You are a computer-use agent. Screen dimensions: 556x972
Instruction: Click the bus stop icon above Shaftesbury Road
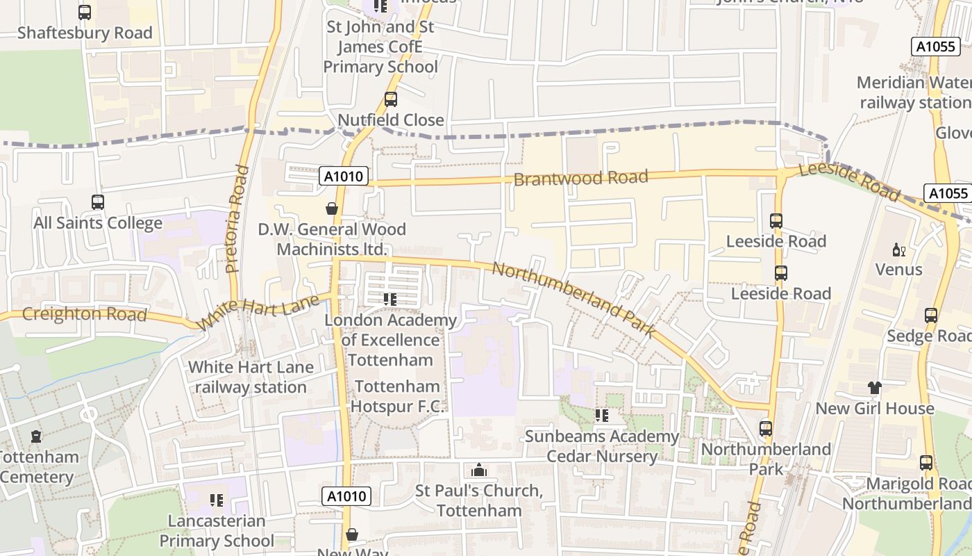point(84,12)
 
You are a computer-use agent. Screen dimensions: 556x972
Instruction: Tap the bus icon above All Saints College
point(98,202)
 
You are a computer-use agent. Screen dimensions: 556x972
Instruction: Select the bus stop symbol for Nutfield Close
point(391,99)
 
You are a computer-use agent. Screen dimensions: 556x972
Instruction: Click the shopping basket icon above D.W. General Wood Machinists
point(332,208)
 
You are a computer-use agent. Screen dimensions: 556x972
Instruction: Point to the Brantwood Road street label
point(580,178)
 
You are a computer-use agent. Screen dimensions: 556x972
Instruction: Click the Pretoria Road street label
point(237,218)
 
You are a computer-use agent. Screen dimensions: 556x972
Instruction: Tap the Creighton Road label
point(84,314)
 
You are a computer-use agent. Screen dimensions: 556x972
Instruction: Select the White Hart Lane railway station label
point(251,377)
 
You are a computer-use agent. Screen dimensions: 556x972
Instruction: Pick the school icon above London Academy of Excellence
point(390,300)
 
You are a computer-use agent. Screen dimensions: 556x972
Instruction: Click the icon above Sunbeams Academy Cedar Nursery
point(601,416)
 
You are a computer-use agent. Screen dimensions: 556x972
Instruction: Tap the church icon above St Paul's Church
point(478,471)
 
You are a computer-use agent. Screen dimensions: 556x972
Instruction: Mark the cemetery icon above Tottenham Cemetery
point(36,436)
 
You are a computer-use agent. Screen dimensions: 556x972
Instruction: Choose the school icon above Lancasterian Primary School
point(216,500)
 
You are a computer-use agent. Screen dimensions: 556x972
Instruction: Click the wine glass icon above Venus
point(898,250)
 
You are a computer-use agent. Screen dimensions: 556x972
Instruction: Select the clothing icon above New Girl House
point(874,388)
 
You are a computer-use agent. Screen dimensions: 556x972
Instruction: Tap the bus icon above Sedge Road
point(931,316)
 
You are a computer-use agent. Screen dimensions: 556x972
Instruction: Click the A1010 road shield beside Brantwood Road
point(344,177)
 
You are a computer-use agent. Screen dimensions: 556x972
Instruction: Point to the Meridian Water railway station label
point(913,92)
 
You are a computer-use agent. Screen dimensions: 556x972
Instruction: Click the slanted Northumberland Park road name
point(573,300)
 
